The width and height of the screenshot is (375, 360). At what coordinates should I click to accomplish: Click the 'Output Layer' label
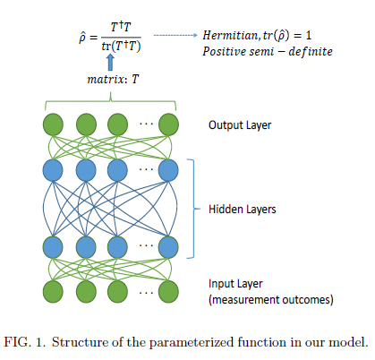(239, 125)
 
